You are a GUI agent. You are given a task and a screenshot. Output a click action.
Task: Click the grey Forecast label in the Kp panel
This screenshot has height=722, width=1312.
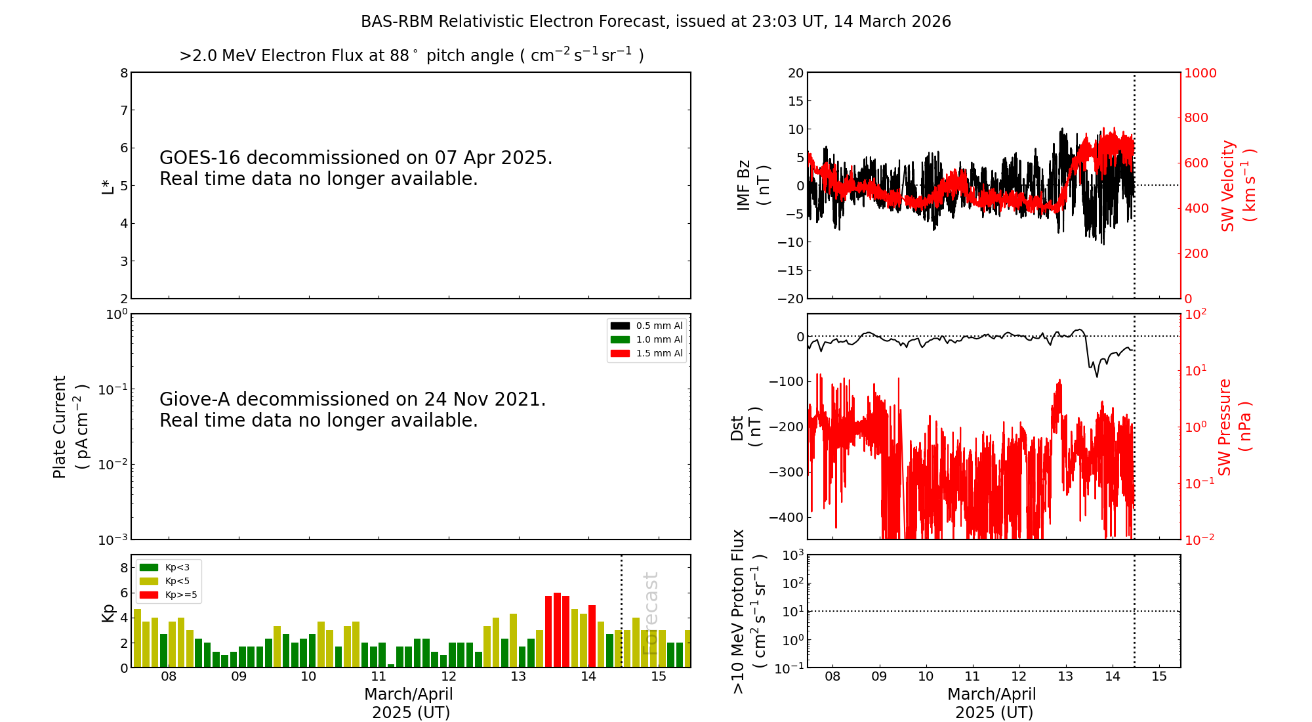click(x=650, y=614)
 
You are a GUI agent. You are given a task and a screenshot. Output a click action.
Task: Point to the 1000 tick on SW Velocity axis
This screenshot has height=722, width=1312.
click(x=1200, y=73)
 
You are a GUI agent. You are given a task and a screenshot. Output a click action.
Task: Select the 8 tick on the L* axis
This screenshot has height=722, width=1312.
click(x=124, y=73)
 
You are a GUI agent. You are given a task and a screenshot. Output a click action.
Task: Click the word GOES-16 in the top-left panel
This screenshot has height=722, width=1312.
click(x=200, y=158)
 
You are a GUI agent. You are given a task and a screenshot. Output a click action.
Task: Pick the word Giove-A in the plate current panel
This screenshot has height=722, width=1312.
click(x=195, y=400)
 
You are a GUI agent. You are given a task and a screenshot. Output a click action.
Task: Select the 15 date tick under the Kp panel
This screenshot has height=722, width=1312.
click(x=659, y=677)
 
